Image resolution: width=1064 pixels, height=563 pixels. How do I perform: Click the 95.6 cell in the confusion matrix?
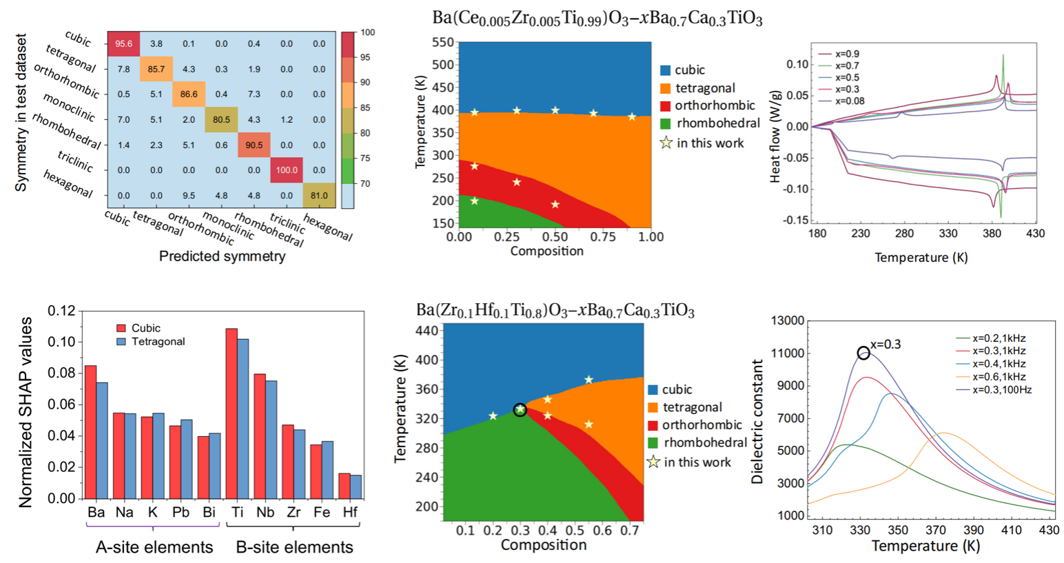pos(124,43)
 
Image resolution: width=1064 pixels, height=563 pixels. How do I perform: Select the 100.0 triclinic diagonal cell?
pos(287,170)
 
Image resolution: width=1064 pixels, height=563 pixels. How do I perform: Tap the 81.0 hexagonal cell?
pos(319,196)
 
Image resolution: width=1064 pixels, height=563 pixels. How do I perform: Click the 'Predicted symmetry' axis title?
pos(222,256)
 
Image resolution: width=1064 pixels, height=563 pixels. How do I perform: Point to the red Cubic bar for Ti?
pos(232,413)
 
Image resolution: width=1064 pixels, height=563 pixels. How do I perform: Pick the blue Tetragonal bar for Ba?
pos(102,440)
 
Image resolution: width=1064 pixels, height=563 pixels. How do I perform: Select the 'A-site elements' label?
pos(154,547)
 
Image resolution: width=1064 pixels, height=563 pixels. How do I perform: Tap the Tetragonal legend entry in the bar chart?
pos(158,342)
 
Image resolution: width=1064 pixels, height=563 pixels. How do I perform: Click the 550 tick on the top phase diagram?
pos(442,42)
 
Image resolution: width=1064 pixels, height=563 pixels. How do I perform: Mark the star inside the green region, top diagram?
pos(474,201)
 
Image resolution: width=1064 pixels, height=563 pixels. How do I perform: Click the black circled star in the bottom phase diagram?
pos(520,410)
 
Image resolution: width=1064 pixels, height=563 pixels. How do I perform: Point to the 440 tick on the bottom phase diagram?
pos(427,331)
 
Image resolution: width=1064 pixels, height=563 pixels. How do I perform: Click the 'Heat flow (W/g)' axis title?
pos(775,131)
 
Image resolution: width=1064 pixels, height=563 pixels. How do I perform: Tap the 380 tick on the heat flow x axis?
pos(992,234)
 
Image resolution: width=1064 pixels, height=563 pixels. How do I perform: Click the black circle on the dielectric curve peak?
pos(863,354)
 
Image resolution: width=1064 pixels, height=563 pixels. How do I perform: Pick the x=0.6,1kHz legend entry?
pos(999,377)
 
